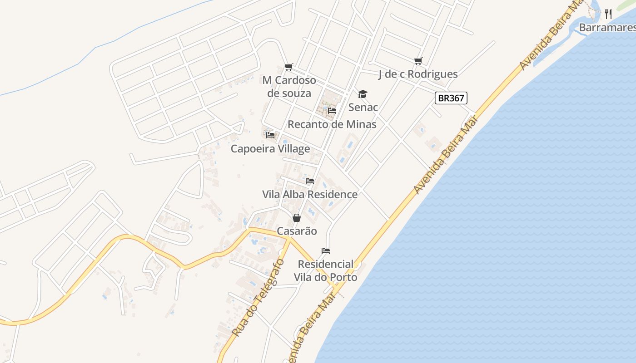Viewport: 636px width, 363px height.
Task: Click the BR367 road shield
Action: pyautogui.click(x=451, y=98)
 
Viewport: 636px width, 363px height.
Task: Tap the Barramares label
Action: pyautogui.click(x=607, y=28)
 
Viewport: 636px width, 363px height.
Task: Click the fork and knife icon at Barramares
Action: pyautogui.click(x=608, y=14)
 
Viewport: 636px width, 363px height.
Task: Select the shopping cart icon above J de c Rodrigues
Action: pyautogui.click(x=418, y=61)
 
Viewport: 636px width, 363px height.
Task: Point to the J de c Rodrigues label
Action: pyautogui.click(x=418, y=74)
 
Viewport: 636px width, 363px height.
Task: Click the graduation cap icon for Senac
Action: pyautogui.click(x=363, y=94)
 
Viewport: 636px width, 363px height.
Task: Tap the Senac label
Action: pyautogui.click(x=363, y=107)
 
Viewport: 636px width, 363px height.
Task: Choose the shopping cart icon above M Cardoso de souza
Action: pyautogui.click(x=289, y=67)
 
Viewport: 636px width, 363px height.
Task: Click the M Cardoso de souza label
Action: pyautogui.click(x=289, y=87)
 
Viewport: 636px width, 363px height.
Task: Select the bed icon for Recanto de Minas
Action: pyautogui.click(x=332, y=110)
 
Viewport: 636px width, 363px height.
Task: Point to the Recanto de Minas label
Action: pyautogui.click(x=332, y=124)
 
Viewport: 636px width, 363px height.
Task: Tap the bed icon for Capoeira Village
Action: pyautogui.click(x=270, y=135)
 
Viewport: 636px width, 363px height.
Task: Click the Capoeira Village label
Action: pyautogui.click(x=270, y=148)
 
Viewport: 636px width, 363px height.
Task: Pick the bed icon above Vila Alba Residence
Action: pyautogui.click(x=310, y=181)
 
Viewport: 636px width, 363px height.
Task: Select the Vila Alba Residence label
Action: pyautogui.click(x=310, y=194)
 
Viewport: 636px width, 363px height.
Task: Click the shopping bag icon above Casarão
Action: pyautogui.click(x=297, y=218)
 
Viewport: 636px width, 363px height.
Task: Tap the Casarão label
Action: pyautogui.click(x=297, y=231)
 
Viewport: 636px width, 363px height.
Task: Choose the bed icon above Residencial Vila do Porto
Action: pyautogui.click(x=325, y=250)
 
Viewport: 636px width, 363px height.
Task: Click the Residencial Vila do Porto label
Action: pyautogui.click(x=325, y=270)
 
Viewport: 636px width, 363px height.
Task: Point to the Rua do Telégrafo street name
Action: pyautogui.click(x=258, y=298)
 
